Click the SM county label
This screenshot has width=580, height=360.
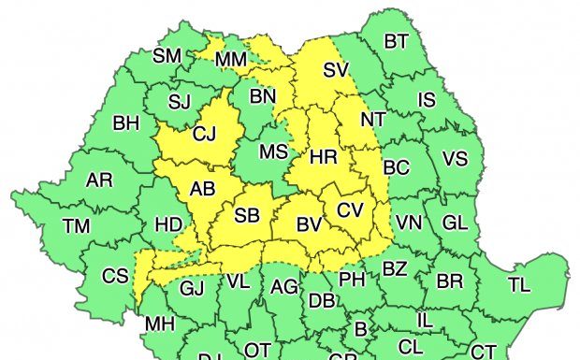click(x=167, y=55)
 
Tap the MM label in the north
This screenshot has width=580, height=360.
click(x=230, y=60)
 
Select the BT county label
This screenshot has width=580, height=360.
click(x=397, y=40)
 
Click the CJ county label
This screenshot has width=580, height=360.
click(x=204, y=135)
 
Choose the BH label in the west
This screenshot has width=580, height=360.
click(x=126, y=122)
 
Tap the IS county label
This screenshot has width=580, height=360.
click(x=427, y=99)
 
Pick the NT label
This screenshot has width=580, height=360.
click(x=372, y=120)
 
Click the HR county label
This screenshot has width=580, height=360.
click(x=323, y=156)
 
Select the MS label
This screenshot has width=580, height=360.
click(x=273, y=151)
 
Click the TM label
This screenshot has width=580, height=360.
click(x=77, y=225)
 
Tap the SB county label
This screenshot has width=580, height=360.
click(x=247, y=215)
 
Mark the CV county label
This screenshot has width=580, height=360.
click(x=349, y=210)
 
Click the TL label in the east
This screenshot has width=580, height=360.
click(x=518, y=285)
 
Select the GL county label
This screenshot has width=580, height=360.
click(x=455, y=223)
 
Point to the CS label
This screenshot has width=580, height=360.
click(x=115, y=276)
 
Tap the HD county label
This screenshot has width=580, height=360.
click(x=168, y=224)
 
